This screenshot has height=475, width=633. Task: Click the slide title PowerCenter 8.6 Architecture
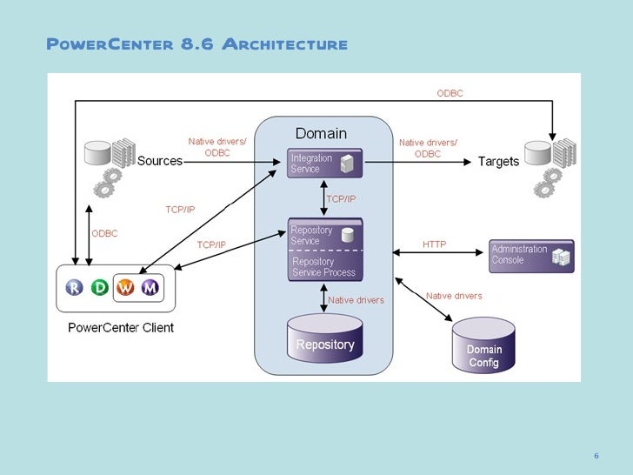(x=197, y=44)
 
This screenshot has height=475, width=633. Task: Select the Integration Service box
(x=324, y=164)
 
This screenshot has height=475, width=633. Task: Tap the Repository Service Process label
(x=323, y=267)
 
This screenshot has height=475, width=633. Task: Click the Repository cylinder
(x=324, y=344)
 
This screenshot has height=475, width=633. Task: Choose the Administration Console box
(x=530, y=255)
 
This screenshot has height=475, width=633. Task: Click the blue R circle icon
(x=75, y=288)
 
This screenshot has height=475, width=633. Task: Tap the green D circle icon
(x=100, y=288)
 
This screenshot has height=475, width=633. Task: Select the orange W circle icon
(x=125, y=288)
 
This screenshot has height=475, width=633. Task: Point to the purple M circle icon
(x=150, y=288)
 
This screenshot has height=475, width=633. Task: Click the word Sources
(x=161, y=161)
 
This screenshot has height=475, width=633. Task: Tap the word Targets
(x=498, y=162)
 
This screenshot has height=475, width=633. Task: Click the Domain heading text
(x=321, y=134)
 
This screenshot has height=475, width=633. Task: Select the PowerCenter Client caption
(x=121, y=328)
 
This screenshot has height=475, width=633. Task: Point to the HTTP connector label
(x=434, y=244)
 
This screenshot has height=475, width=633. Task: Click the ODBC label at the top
(x=450, y=93)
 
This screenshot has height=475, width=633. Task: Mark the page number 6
(x=596, y=456)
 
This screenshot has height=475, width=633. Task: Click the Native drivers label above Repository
(x=356, y=300)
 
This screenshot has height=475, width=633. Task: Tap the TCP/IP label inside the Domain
(x=341, y=199)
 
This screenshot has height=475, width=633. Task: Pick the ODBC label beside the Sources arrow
(x=104, y=233)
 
